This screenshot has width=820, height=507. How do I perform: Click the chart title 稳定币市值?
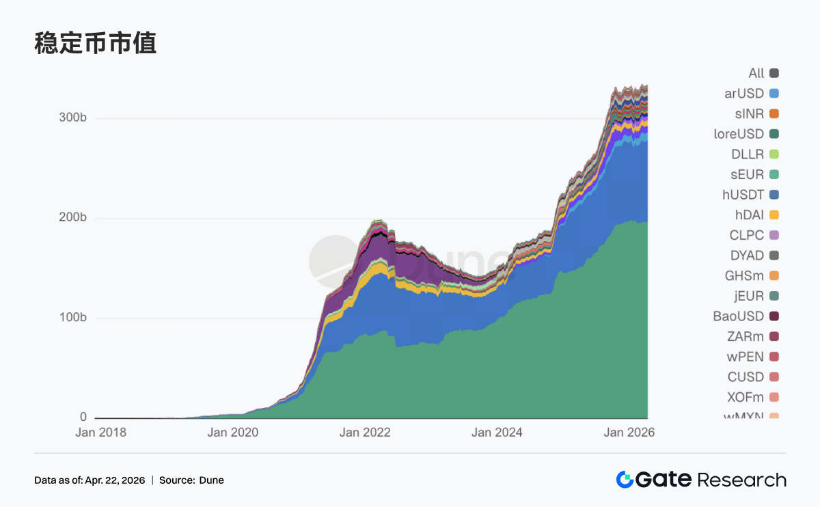tap(95, 43)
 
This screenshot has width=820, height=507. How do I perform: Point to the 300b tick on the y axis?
tap(73, 118)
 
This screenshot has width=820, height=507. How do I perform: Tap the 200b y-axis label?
tap(73, 218)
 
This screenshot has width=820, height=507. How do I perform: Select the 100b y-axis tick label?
tap(73, 318)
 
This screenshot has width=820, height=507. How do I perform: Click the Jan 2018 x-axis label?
tap(101, 432)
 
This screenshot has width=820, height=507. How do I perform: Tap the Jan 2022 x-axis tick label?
tap(364, 432)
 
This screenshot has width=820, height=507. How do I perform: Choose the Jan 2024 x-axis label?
tap(497, 432)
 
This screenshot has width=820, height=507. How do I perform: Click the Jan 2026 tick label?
tap(629, 432)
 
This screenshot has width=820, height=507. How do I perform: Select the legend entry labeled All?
tap(756, 73)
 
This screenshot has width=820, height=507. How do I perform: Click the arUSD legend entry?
tap(744, 94)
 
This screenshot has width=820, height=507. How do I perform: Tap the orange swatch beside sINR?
tap(774, 113)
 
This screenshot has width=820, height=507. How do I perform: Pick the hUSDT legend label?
tap(743, 195)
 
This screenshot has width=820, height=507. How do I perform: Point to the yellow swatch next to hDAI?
tap(774, 215)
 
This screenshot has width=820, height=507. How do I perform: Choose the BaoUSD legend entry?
tap(738, 316)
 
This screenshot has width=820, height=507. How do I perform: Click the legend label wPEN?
tap(745, 357)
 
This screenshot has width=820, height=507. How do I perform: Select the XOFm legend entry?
tap(746, 397)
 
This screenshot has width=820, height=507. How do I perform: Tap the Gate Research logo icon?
tap(625, 480)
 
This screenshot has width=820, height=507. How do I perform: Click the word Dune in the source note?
tap(211, 480)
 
